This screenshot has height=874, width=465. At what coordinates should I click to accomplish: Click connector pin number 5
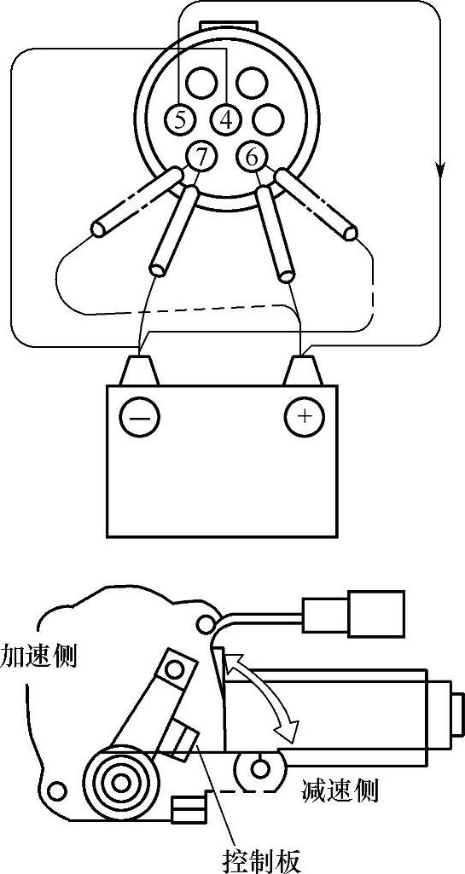(179, 119)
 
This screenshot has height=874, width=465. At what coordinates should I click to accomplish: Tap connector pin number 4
(225, 119)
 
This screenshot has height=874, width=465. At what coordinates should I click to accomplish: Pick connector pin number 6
(251, 156)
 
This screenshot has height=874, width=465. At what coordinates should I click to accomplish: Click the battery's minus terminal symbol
(139, 417)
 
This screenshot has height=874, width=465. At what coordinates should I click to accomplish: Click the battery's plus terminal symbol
(305, 416)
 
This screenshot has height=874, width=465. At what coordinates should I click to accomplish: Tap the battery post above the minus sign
(139, 370)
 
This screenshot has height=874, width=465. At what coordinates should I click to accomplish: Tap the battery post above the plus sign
(303, 370)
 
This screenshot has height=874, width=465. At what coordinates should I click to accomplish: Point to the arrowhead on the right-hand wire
(440, 168)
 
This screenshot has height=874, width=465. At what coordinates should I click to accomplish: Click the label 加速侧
(38, 656)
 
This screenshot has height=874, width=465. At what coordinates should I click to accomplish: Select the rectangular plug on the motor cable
(352, 614)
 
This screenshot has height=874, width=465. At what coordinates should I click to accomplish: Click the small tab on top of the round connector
(228, 26)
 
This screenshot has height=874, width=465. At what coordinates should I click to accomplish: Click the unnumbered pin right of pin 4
(269, 119)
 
